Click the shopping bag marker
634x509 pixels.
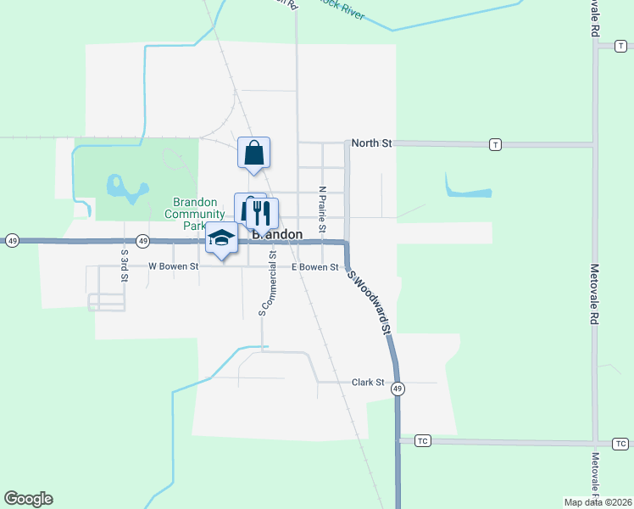click(x=253, y=154)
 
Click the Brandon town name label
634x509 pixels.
click(x=277, y=234)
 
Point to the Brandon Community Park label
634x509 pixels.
click(x=196, y=214)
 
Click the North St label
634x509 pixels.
click(x=372, y=143)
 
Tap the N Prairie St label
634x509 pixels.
click(x=322, y=210)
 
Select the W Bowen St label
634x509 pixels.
click(x=173, y=266)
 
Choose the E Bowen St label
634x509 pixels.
click(x=315, y=267)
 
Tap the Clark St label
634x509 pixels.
click(x=369, y=383)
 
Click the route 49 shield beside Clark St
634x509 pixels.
click(x=398, y=389)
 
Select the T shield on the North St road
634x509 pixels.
click(x=494, y=145)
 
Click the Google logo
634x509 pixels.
click(x=28, y=499)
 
